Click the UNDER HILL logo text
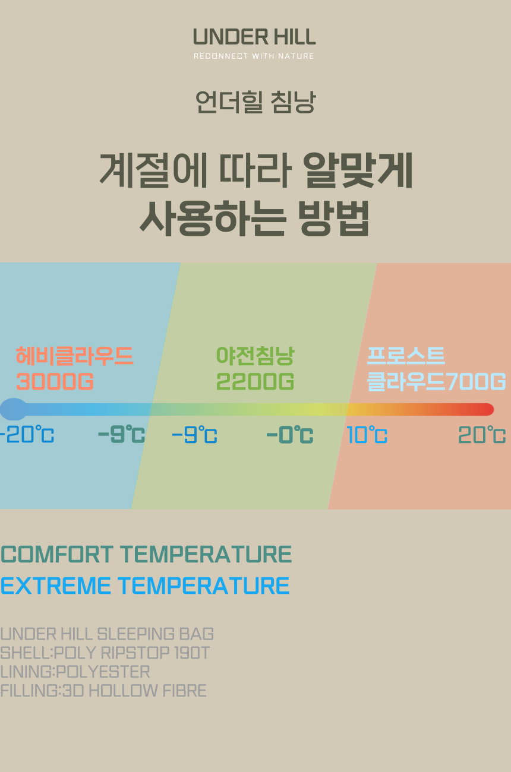pyautogui.click(x=254, y=37)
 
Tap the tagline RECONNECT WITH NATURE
pyautogui.click(x=254, y=56)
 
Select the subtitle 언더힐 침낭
pyautogui.click(x=255, y=102)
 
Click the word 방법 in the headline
pyautogui.click(x=334, y=219)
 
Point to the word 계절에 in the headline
pyautogui.click(x=153, y=170)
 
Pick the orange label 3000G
pyautogui.click(x=55, y=381)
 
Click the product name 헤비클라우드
pyautogui.click(x=74, y=356)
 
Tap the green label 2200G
pyautogui.click(x=255, y=381)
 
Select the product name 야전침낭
pyautogui.click(x=255, y=356)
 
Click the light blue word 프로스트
pyautogui.click(x=406, y=355)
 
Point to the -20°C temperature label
pyautogui.click(x=27, y=435)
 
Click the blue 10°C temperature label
pyautogui.click(x=367, y=435)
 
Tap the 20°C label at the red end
pyautogui.click(x=482, y=435)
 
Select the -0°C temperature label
pyautogui.click(x=290, y=435)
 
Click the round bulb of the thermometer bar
pyautogui.click(x=14, y=409)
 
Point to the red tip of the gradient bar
pyautogui.click(x=490, y=409)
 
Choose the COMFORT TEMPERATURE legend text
pyautogui.click(x=146, y=554)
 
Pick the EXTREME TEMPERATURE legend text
pyautogui.click(x=145, y=586)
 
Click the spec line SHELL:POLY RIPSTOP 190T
pyautogui.click(x=105, y=653)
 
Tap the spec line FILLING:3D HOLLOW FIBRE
pyautogui.click(x=103, y=691)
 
